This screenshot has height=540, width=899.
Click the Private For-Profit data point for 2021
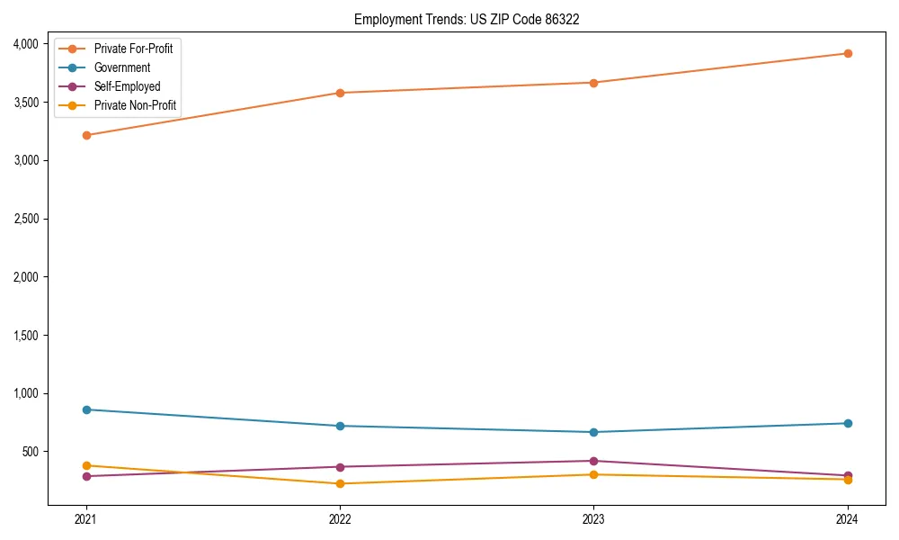pos(86,135)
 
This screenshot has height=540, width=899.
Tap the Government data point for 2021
pos(86,409)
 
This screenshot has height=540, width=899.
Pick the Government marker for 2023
pos(593,432)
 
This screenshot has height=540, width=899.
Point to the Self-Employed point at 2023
pos(593,461)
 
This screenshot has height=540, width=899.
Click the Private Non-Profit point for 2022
pos(340,483)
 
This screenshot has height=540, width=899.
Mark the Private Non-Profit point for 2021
pos(86,465)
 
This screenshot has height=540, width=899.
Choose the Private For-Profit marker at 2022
pos(340,93)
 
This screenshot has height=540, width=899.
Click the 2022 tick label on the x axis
pos(340,518)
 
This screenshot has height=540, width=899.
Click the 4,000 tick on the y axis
pos(25,44)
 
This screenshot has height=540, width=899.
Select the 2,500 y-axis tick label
pos(25,219)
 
